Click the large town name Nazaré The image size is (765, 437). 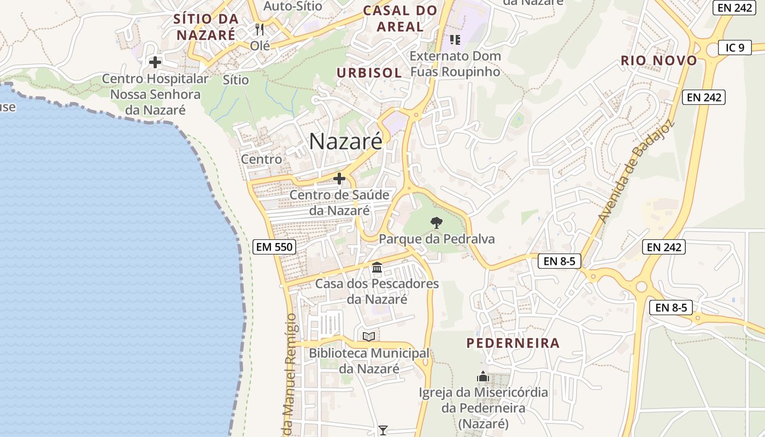pyautogui.click(x=346, y=141)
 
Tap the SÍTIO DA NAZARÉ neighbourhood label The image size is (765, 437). pyautogui.click(x=206, y=27)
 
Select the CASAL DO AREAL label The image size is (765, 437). pyautogui.click(x=401, y=18)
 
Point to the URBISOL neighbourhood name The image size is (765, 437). pyautogui.click(x=369, y=73)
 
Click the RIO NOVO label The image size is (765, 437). pyautogui.click(x=659, y=60)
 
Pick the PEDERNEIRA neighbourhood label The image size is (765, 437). pyautogui.click(x=513, y=343)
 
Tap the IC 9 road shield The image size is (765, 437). pyautogui.click(x=734, y=48)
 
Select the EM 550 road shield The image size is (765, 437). pyautogui.click(x=275, y=247)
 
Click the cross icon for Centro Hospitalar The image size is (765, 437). pyautogui.click(x=155, y=62)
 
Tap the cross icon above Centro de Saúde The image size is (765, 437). pyautogui.click(x=339, y=179)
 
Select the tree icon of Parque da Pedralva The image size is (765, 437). pyautogui.click(x=436, y=222)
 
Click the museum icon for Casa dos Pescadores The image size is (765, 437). pyautogui.click(x=377, y=268)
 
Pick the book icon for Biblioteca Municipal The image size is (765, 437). pyautogui.click(x=369, y=336)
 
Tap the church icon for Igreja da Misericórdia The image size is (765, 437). pyautogui.click(x=482, y=376)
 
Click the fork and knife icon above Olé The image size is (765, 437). pyautogui.click(x=260, y=29)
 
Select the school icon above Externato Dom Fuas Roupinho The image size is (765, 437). pyautogui.click(x=455, y=39)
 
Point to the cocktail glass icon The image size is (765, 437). pyautogui.click(x=383, y=430)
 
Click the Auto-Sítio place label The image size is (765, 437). pyautogui.click(x=293, y=6)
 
